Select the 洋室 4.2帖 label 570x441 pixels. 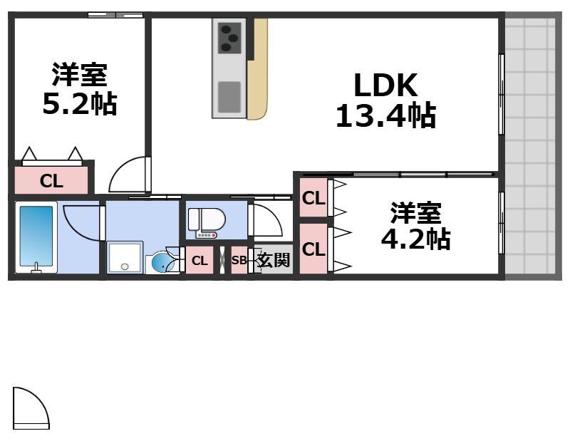click(415, 226)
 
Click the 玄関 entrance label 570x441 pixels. click(274, 260)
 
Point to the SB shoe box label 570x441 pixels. click(239, 261)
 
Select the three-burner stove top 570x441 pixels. click(229, 37)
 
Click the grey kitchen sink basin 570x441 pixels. click(229, 96)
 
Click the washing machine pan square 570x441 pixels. click(125, 258)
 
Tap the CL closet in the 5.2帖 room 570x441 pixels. click(51, 180)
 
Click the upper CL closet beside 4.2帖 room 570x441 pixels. click(313, 199)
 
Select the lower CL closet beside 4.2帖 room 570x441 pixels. click(313, 249)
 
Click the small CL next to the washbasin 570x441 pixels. click(199, 261)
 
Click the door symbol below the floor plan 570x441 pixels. click(31, 409)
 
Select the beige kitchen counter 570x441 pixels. click(257, 71)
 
